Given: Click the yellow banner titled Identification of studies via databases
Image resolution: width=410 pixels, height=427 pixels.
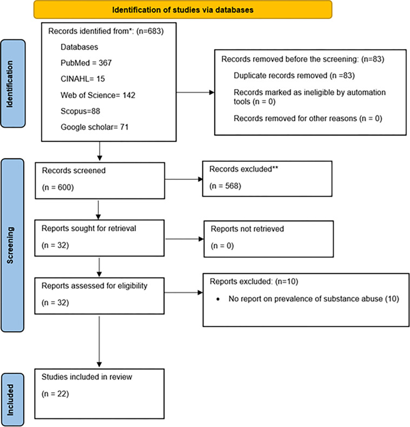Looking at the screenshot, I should (x=182, y=10).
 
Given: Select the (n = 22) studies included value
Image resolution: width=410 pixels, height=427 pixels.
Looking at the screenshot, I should (x=56, y=400).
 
